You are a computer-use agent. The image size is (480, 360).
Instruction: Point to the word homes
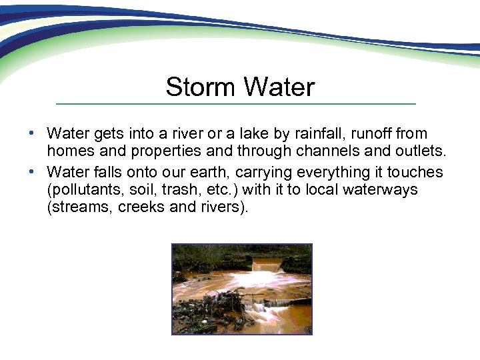pos(69,151)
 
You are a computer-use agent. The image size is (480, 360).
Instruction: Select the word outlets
pos(419,151)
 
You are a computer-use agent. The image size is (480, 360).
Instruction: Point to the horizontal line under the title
pos(235,104)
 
